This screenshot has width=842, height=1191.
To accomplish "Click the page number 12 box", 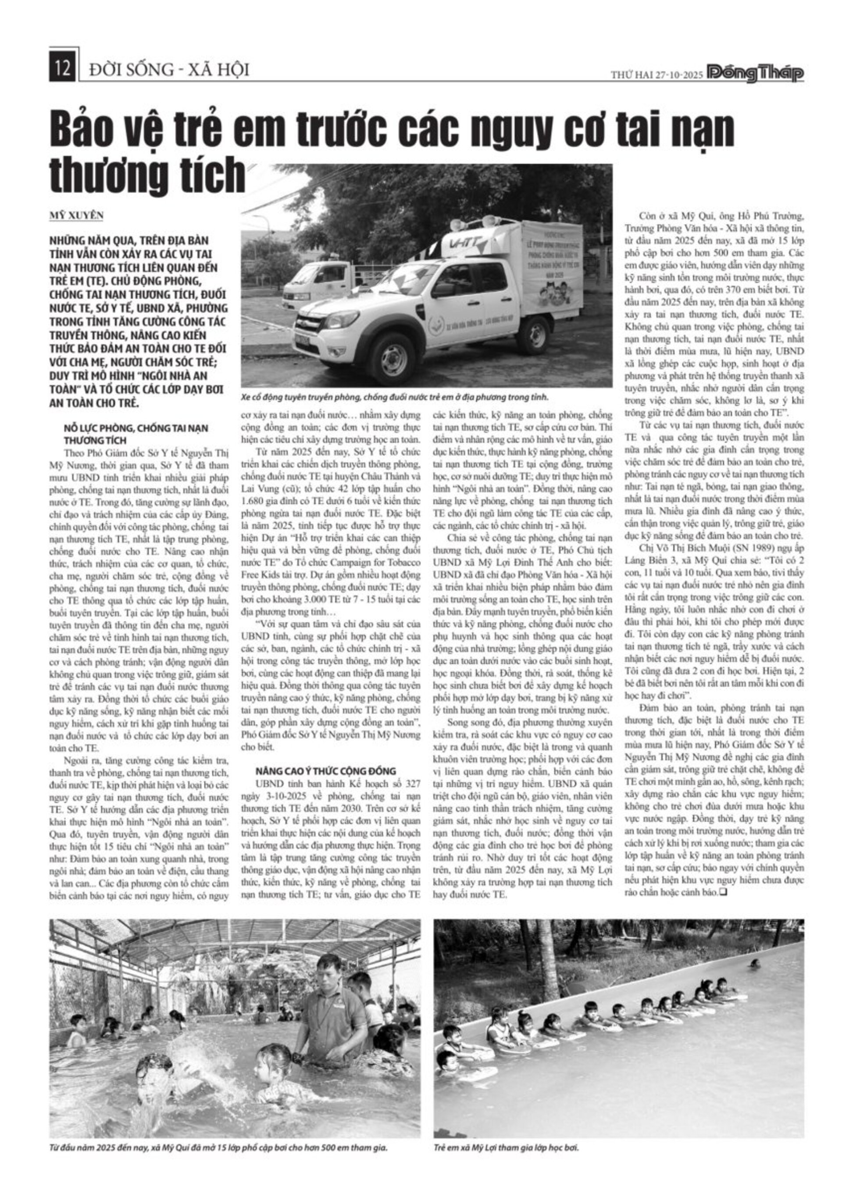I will click(63, 69).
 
